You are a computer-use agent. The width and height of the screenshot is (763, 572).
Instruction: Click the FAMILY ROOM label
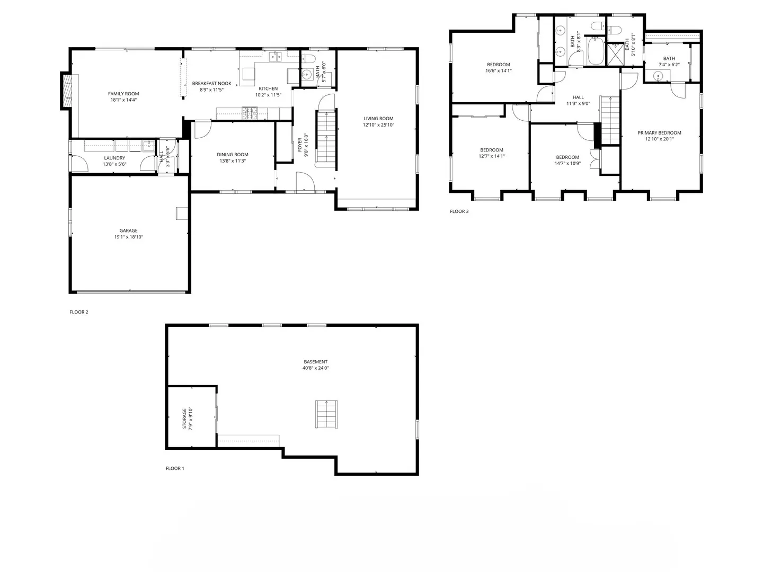[123, 94]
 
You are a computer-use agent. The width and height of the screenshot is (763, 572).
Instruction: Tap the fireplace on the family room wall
[67, 90]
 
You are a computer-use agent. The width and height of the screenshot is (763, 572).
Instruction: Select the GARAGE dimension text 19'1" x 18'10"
[128, 237]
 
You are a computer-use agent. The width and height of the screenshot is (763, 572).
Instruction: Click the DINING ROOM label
[233, 155]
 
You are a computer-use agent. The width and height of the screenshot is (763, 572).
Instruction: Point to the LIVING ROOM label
[378, 119]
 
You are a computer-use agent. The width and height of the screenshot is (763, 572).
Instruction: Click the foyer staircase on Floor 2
[326, 138]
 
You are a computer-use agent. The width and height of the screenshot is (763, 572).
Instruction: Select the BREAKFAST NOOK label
[211, 83]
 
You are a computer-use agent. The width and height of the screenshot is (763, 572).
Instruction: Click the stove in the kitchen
[250, 112]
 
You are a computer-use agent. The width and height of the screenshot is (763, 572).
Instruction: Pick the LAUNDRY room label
[114, 158]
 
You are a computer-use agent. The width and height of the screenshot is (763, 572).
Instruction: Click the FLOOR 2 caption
[79, 312]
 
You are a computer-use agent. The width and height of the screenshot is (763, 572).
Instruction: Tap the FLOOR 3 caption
[459, 211]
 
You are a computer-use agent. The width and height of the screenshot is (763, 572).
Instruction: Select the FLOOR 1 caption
[175, 468]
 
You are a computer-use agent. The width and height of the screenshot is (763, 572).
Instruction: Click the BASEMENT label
[315, 362]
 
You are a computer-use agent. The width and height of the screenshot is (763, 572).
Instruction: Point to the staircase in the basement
[326, 415]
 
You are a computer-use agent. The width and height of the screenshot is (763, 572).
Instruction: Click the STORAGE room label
[184, 418]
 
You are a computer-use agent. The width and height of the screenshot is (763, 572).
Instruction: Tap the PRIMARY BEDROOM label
[659, 133]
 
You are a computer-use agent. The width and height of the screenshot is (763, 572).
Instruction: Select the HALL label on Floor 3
[578, 97]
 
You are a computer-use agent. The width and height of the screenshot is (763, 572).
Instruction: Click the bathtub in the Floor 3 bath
[596, 52]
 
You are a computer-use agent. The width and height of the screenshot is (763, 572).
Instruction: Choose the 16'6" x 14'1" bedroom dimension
[499, 71]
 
